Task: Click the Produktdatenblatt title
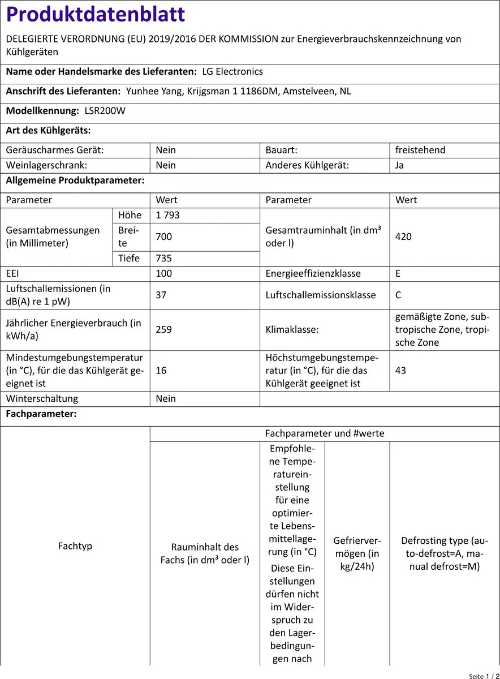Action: tap(96, 15)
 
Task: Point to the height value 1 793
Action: tap(168, 215)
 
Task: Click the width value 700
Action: tap(164, 237)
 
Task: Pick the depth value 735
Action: tap(164, 258)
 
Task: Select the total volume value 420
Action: tap(403, 237)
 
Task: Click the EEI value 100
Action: tap(164, 273)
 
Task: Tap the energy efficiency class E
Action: tap(399, 273)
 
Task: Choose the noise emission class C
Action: tap(399, 295)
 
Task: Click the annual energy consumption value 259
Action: tap(164, 329)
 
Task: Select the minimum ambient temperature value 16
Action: tap(162, 370)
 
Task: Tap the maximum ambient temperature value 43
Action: tap(401, 370)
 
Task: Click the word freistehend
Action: tap(420, 150)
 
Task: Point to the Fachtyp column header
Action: tap(75, 546)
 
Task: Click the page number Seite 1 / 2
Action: tap(483, 676)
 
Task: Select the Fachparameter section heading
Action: tap(41, 414)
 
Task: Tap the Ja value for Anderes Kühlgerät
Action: tap(400, 165)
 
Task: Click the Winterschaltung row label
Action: tap(42, 398)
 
